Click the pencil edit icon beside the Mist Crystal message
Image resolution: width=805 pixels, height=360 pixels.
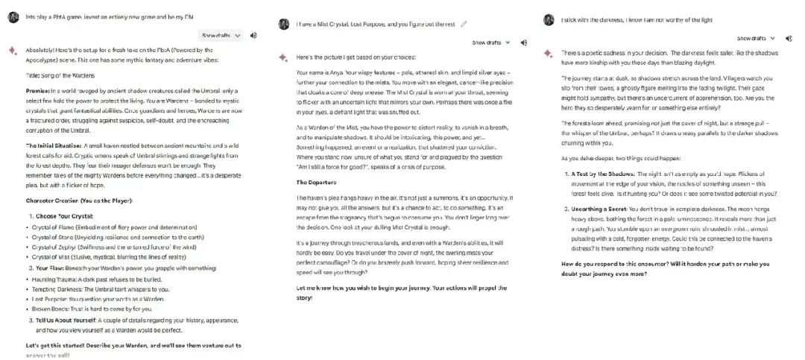coord(464,24)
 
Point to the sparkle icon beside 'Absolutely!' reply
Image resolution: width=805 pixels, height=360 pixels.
coord(11,50)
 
